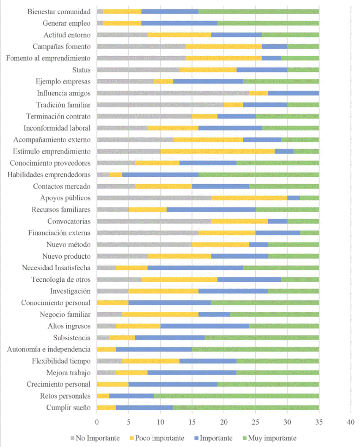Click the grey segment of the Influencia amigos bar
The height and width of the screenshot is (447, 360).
tap(173, 93)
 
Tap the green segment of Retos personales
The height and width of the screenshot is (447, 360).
tap(236, 396)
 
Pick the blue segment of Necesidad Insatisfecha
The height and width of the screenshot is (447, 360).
tap(195, 268)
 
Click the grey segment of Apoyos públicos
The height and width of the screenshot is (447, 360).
tap(154, 197)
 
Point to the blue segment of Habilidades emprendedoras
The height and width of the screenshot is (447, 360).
tap(160, 174)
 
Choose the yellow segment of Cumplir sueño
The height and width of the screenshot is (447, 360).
tap(106, 407)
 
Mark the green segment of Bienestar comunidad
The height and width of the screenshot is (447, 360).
tap(258, 11)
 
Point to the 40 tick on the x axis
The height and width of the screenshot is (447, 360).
tap(350, 422)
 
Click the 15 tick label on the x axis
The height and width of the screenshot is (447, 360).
tap(192, 422)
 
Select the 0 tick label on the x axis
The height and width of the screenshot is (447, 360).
tap(97, 422)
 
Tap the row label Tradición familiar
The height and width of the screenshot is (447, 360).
tap(64, 105)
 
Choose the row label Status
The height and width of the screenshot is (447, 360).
tap(81, 70)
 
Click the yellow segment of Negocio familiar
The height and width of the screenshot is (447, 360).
tap(160, 314)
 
